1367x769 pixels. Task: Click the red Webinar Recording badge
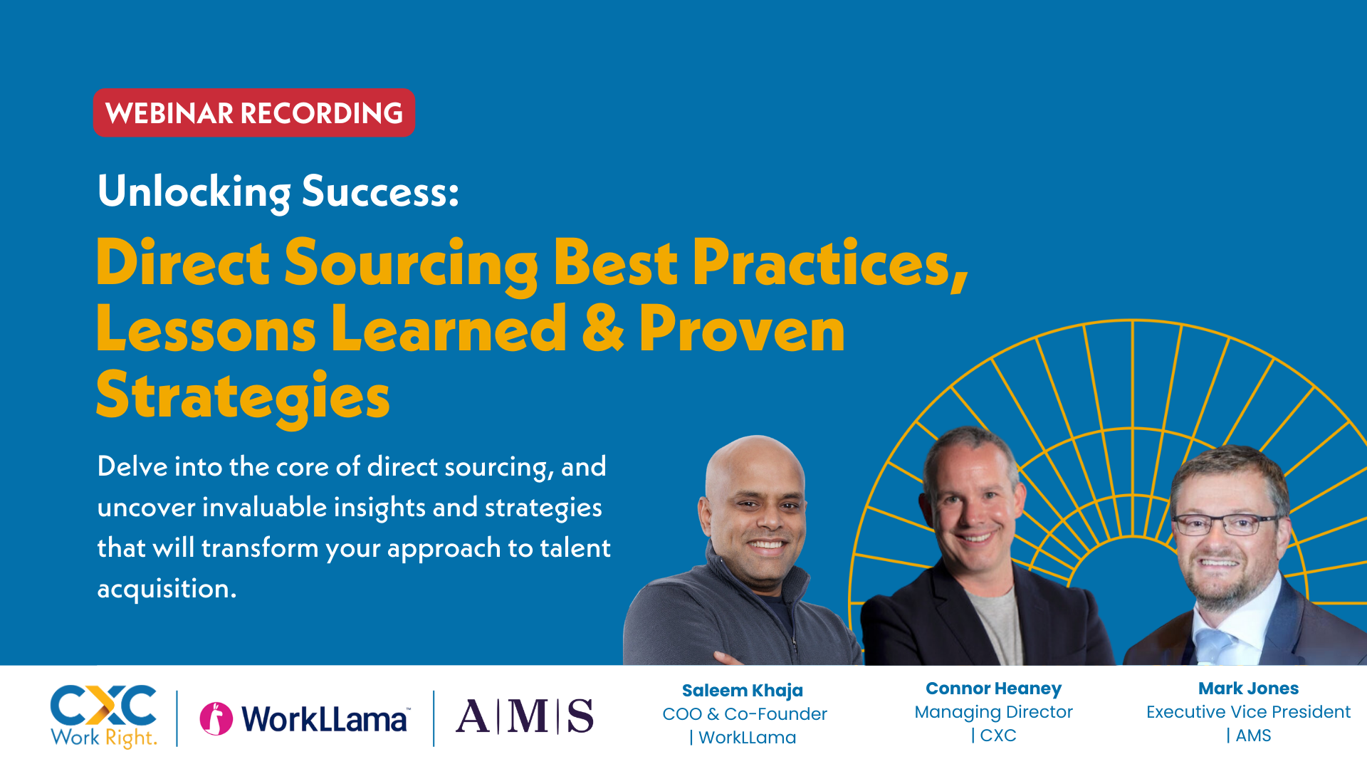[x=253, y=113]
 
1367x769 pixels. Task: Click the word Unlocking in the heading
[x=194, y=192]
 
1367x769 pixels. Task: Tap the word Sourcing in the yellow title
[x=411, y=263]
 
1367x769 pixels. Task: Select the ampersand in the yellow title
[x=602, y=329]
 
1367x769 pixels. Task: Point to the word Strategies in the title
[x=243, y=397]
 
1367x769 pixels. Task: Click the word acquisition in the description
[x=166, y=589]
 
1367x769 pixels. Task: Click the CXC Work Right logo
[x=104, y=716]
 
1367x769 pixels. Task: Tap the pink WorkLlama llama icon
[x=216, y=718]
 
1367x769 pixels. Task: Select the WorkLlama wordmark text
[x=325, y=719]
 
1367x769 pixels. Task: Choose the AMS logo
[x=524, y=716]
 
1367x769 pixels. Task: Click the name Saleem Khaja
[x=742, y=690]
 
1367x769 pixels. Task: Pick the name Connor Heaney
[x=993, y=689]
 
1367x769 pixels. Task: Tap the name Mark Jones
[x=1248, y=689]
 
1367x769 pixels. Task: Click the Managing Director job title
[x=993, y=712]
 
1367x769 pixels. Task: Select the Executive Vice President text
[x=1248, y=712]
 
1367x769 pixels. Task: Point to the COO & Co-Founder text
[x=744, y=714]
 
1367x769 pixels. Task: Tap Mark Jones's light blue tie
[x=1215, y=641]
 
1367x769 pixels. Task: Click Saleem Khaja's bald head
[x=755, y=463]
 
